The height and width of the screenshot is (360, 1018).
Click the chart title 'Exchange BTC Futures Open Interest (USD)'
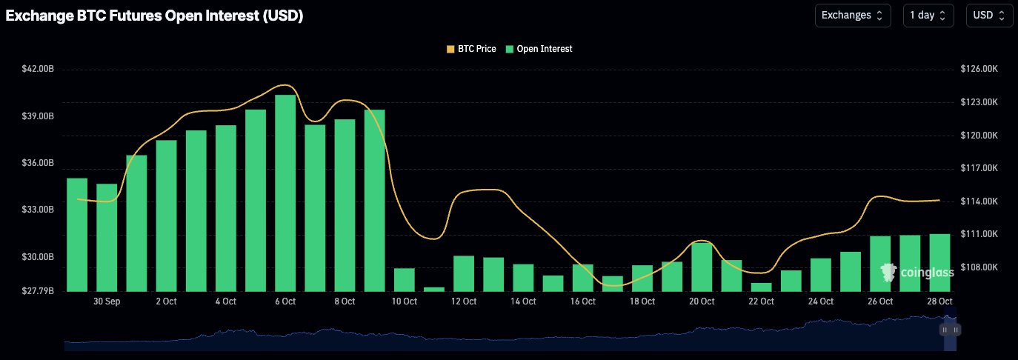(x=154, y=16)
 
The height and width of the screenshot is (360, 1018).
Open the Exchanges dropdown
(x=852, y=16)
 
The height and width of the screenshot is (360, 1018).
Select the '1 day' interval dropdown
(x=928, y=16)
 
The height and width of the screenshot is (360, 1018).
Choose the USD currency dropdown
(x=989, y=16)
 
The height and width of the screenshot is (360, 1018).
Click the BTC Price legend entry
(x=471, y=49)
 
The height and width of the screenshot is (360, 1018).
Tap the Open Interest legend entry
(x=539, y=49)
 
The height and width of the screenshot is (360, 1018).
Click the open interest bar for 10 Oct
(x=404, y=279)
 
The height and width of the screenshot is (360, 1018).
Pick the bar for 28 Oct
(x=939, y=262)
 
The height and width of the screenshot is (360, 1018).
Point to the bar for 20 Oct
(x=702, y=267)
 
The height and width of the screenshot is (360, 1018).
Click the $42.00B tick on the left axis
(x=38, y=69)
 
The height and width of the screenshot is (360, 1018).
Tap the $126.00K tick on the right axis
(x=980, y=69)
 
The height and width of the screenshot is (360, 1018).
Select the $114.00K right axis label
(x=980, y=201)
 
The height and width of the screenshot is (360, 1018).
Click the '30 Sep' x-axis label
(x=107, y=301)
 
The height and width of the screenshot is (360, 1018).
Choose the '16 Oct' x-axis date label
(x=582, y=301)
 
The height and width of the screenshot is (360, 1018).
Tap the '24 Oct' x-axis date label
(x=820, y=301)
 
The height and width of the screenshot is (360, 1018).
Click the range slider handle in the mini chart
(x=949, y=329)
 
